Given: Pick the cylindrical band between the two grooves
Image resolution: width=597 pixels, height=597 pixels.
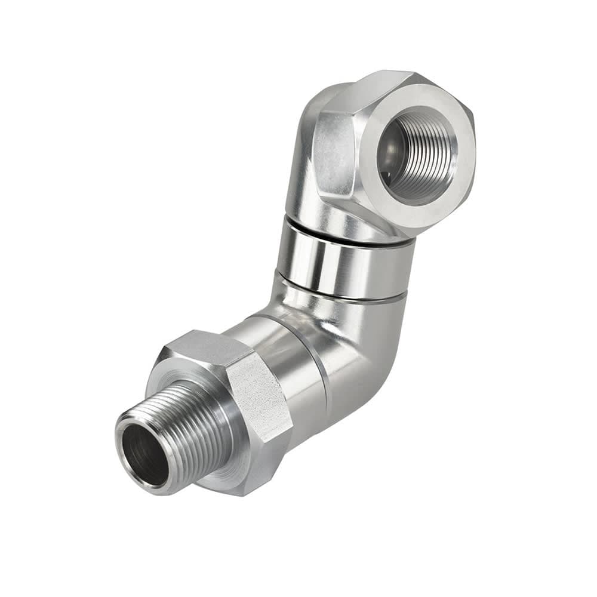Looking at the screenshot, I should [x=346, y=260].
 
